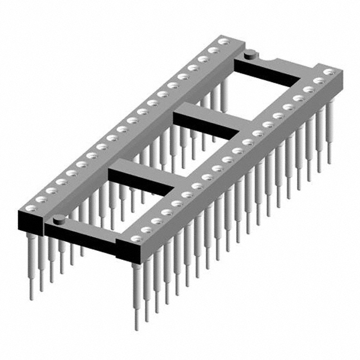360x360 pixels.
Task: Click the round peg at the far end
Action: pyautogui.click(x=250, y=54)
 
